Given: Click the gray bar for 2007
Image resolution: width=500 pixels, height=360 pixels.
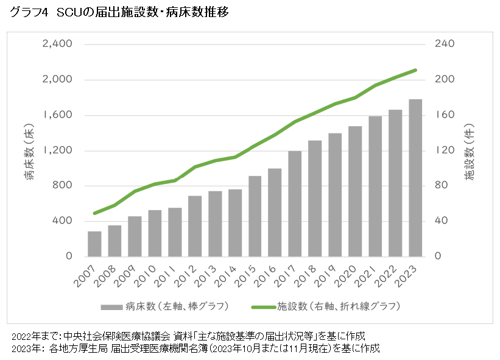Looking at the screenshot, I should tap(94, 244).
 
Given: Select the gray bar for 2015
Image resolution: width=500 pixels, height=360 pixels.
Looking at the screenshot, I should tap(255, 216).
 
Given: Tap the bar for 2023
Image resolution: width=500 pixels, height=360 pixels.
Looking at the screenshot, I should tap(415, 178).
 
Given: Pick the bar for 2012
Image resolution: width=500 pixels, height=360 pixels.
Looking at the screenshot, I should tap(195, 226).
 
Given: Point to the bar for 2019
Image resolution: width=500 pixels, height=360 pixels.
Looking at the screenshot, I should tap(335, 195).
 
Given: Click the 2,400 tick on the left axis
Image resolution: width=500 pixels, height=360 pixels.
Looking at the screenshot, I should tap(57, 44).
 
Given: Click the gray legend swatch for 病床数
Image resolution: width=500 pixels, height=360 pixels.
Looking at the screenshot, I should tap(111, 305).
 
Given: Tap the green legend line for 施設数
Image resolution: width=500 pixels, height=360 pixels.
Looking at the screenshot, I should tap(262, 305).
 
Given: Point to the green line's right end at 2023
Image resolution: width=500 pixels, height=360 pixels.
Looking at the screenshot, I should tap(415, 70).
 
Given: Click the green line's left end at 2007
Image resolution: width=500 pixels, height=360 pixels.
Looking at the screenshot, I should tap(94, 213).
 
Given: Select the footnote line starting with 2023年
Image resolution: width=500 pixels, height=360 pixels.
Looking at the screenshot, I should tap(195, 348).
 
